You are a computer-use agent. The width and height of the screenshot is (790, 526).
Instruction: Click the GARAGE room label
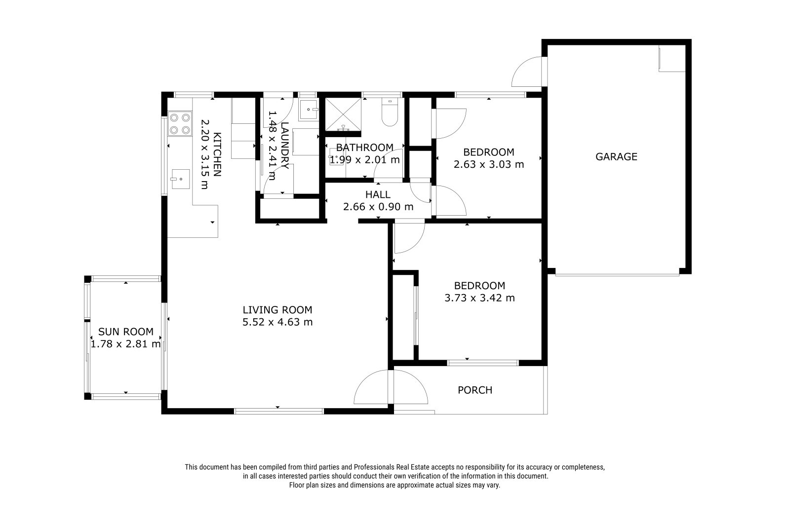(616, 156)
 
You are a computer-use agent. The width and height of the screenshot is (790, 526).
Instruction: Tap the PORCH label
(474, 390)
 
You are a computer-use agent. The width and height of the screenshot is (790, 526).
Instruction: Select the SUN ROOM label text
(125, 332)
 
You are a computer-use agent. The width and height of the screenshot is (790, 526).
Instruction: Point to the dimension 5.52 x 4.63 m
(277, 322)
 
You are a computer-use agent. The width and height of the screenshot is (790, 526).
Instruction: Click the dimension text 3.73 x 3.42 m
(479, 298)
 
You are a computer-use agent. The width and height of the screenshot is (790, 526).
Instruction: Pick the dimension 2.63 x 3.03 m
(488, 164)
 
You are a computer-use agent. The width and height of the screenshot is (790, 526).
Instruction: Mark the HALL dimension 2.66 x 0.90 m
(378, 207)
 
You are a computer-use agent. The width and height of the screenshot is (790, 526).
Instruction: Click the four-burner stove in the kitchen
(180, 124)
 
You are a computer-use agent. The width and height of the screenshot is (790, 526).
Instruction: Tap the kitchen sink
(180, 179)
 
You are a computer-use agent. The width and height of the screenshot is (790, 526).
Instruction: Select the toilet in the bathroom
(390, 112)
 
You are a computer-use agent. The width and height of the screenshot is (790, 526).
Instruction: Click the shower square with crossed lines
(343, 114)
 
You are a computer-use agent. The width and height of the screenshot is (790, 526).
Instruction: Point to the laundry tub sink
(309, 110)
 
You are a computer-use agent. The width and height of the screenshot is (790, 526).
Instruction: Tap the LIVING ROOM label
(277, 310)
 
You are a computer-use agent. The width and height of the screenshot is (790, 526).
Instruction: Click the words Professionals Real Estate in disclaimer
(392, 467)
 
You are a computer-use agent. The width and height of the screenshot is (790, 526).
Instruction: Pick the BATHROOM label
(365, 148)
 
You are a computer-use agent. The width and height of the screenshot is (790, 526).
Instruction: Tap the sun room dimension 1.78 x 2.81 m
(125, 344)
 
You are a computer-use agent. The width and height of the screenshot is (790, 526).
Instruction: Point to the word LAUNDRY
(285, 145)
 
